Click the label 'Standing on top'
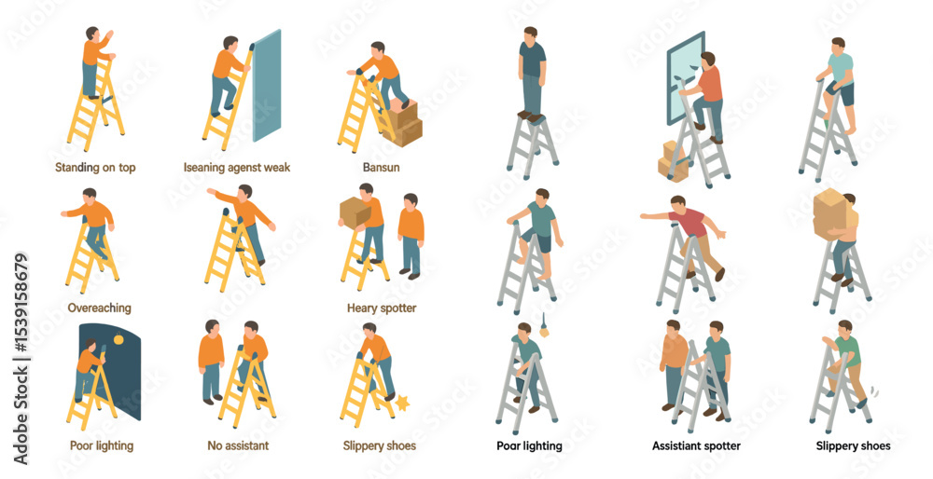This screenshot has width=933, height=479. point(95,168)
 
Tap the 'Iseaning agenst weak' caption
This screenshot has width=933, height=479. point(237,168)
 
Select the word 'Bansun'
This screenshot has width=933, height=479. point(381,168)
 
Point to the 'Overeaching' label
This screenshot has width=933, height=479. point(100,308)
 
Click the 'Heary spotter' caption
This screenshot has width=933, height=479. point(382,308)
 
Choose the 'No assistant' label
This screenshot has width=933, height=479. point(238,445)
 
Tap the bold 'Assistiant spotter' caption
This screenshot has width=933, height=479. point(696,445)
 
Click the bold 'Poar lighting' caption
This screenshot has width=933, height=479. point(529,445)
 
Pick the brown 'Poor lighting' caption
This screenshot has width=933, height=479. point(101,445)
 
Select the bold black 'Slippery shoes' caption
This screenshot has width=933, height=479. point(853,445)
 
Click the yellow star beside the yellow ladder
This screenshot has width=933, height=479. point(403,404)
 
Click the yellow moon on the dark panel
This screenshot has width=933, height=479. point(118,339)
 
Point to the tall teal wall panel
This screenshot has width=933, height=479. point(266,86)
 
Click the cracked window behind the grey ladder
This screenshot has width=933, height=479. point(685,77)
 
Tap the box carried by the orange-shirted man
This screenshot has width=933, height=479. point(355,212)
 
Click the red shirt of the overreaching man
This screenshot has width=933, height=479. point(688,223)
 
